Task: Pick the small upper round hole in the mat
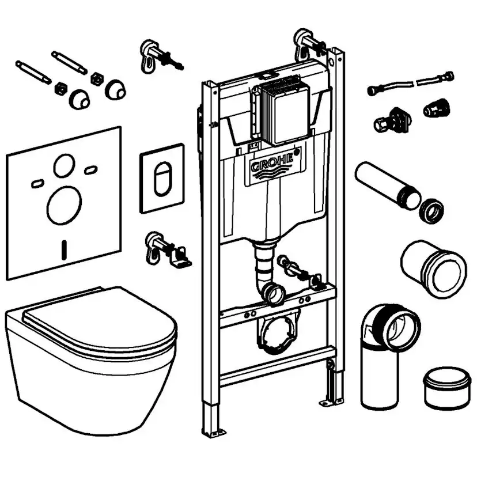[x=63, y=166]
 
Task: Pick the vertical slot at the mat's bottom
[x=63, y=249]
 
